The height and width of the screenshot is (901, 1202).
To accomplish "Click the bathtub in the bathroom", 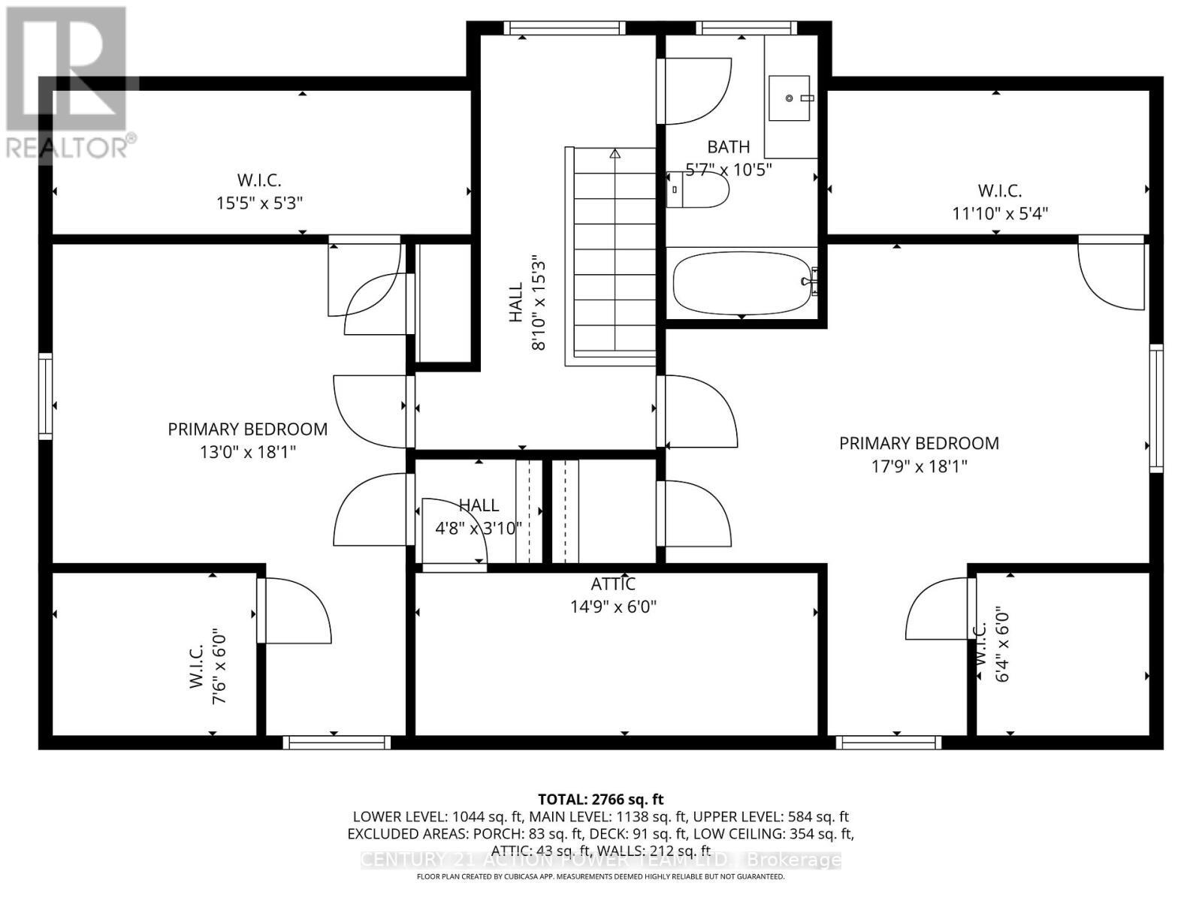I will click(742, 283).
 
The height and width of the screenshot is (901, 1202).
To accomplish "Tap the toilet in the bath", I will click(699, 190).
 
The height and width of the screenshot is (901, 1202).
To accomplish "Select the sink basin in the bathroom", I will click(789, 98).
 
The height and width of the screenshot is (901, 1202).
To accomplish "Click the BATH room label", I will click(728, 147).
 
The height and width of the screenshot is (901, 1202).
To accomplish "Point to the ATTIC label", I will click(613, 584).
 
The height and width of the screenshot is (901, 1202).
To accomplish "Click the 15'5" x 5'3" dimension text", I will click(259, 203).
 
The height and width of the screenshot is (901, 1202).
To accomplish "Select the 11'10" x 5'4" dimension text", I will click(1000, 213).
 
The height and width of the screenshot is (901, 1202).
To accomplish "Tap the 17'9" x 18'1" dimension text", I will click(919, 466).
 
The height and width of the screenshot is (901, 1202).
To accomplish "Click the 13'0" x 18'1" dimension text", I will click(247, 452).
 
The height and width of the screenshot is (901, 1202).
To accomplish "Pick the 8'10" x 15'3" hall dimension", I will click(539, 303).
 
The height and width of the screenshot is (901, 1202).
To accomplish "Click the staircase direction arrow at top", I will click(615, 154).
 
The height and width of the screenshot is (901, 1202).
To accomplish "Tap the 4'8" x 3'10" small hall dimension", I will click(479, 529).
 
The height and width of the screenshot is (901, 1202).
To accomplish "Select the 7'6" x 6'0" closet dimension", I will click(219, 666).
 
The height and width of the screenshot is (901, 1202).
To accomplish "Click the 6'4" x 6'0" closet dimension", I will click(1003, 644).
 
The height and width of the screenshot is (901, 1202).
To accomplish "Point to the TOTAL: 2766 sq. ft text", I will click(600, 800).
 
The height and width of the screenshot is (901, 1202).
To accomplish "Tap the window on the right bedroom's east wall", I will click(1156, 408).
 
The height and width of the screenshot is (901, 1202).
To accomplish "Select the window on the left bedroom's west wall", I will click(46, 396).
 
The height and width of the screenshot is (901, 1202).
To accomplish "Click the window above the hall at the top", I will click(564, 29).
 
